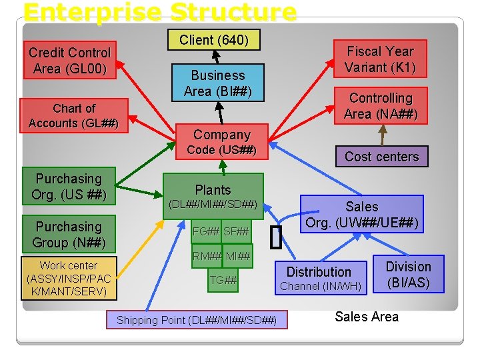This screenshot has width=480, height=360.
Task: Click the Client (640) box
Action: [x=214, y=41]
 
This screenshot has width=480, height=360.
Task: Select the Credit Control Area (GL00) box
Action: [x=69, y=61]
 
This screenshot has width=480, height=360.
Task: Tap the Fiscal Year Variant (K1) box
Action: [x=379, y=59]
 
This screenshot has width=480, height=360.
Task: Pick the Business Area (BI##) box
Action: [x=218, y=83]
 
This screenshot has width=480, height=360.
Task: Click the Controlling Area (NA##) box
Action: [x=381, y=106]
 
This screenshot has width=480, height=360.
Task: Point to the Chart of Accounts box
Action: [x=73, y=115]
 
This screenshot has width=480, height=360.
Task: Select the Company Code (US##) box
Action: [x=221, y=142]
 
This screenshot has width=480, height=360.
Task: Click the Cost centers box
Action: [x=381, y=157]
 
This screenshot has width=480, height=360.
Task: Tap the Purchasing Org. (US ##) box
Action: [x=69, y=187]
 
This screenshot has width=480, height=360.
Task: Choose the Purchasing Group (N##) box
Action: [x=69, y=234]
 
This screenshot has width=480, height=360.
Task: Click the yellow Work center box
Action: [x=68, y=279]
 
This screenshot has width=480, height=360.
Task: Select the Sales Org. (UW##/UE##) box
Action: [x=362, y=215]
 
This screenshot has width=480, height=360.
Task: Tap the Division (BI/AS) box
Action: [x=409, y=274]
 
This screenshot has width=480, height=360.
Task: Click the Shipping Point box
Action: [x=197, y=320]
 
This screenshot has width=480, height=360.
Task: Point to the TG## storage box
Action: [x=223, y=281]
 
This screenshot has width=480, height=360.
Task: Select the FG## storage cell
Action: [x=205, y=231]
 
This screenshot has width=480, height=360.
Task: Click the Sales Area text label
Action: [x=367, y=317]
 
